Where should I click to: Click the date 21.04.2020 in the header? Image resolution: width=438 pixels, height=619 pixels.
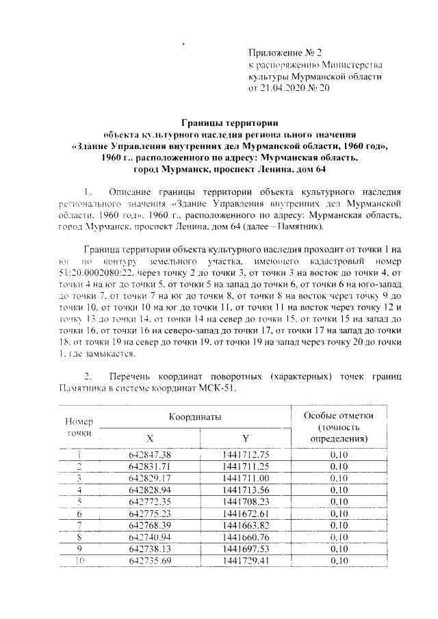pos(281,88)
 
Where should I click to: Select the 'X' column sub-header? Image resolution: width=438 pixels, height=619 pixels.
pos(150,438)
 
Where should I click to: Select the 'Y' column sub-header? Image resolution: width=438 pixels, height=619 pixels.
pos(245,438)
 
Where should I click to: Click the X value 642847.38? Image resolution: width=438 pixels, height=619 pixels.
pos(150,455)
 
